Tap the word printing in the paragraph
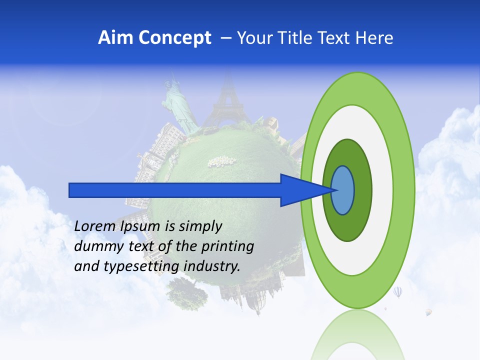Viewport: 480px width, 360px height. pos(227,246)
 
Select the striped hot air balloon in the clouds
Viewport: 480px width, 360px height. pos(397,291)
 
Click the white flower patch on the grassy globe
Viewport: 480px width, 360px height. pos(221,161)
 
